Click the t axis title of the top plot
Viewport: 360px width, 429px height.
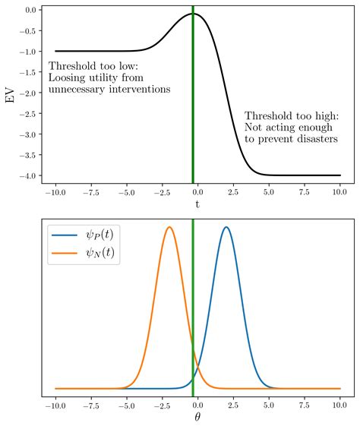(197, 203)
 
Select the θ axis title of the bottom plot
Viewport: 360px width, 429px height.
(197, 418)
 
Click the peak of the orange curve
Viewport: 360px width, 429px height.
(169, 227)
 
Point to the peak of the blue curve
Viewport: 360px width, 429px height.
(226, 227)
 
